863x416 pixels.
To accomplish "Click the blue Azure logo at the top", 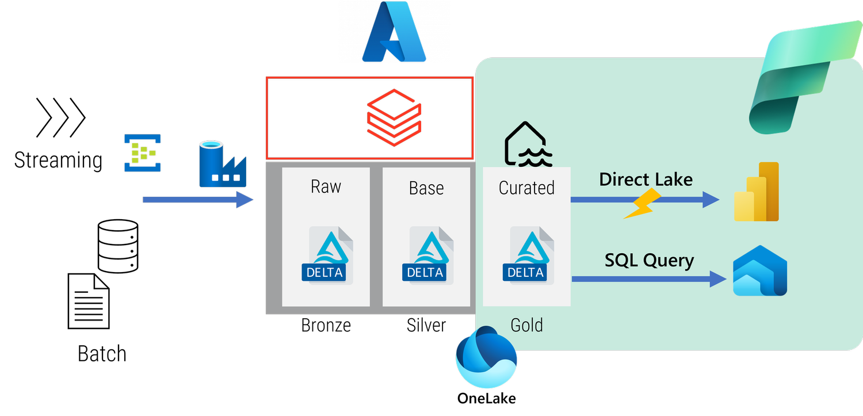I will tap(394, 33).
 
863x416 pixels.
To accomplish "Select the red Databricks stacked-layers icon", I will tap(394, 118).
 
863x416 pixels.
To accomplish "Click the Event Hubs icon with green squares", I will tap(142, 153).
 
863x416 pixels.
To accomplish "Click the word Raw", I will tap(326, 186).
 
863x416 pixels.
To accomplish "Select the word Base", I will tap(426, 188).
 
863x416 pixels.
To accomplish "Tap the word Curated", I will tap(526, 188).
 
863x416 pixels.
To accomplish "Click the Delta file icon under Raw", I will tap(327, 255).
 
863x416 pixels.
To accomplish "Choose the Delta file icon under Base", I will tap(427, 255).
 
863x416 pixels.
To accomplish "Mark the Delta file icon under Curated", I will tap(528, 255).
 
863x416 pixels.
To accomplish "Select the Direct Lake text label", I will tap(646, 179).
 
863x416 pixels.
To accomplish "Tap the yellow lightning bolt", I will tap(640, 204).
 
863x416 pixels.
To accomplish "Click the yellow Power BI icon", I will tap(757, 192).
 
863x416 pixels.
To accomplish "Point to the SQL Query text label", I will tap(649, 261).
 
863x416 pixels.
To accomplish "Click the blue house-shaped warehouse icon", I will tap(759, 271).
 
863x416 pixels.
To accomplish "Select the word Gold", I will tap(526, 325).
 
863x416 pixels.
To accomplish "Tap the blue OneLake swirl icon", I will tap(486, 357).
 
